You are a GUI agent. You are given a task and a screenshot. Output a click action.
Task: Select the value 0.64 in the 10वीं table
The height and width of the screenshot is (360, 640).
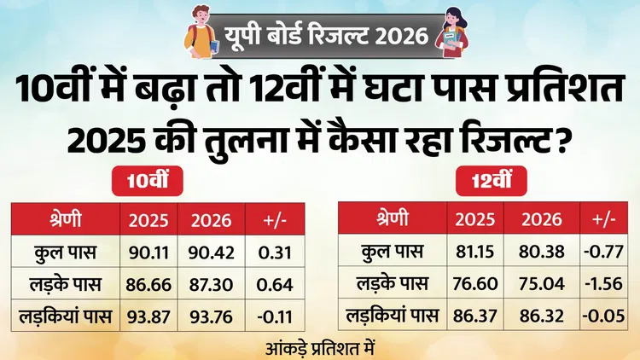(275, 284)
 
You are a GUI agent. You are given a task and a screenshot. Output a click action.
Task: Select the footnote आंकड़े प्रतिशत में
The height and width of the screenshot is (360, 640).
(320, 349)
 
